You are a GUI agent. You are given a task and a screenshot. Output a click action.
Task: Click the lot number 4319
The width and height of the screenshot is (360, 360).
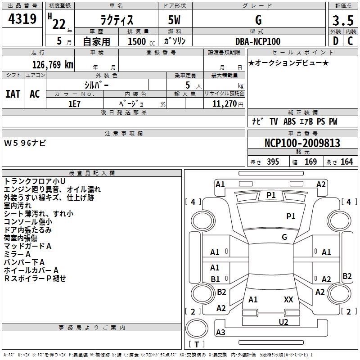pyautogui.click(x=22, y=19)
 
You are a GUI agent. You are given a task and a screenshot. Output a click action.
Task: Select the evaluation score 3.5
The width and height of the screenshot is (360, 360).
pyautogui.click(x=342, y=21)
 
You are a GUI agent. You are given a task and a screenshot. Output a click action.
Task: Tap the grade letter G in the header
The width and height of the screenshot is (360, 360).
pyautogui.click(x=258, y=20)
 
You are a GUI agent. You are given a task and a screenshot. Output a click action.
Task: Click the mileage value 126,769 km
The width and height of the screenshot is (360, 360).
pyautogui.click(x=53, y=64)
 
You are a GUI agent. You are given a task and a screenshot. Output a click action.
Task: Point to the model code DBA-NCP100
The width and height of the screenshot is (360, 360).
pyautogui.click(x=258, y=41)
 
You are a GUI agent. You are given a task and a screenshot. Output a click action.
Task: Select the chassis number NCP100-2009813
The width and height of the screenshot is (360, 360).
pyautogui.click(x=302, y=143)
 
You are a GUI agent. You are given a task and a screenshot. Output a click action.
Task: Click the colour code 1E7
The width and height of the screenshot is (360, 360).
pyautogui.click(x=74, y=103)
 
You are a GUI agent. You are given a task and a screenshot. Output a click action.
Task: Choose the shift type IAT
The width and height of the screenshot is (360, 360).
pyautogui.click(x=13, y=94)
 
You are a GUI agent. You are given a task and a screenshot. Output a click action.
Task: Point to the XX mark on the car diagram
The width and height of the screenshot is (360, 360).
pyautogui.click(x=288, y=299)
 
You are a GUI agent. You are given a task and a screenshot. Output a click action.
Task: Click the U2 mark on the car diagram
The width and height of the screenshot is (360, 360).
pyautogui.click(x=283, y=321)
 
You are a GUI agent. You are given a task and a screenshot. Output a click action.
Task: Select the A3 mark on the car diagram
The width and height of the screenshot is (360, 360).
pyautogui.click(x=220, y=333)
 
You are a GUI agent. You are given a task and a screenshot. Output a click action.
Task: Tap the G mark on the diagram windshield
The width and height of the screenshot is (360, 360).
pyautogui.click(x=284, y=237)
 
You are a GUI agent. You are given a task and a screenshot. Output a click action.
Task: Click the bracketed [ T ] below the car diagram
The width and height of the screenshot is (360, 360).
pyautogui.click(x=197, y=344)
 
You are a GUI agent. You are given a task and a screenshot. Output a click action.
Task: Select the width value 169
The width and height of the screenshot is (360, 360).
pyautogui.click(x=310, y=162)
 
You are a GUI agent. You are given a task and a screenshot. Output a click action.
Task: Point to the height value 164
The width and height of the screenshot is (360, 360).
pyautogui.click(x=346, y=162)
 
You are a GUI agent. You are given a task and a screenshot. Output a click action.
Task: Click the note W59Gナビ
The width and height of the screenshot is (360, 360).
pyautogui.click(x=25, y=143)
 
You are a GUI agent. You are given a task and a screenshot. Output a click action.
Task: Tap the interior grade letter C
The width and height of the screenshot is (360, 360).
pyautogui.click(x=350, y=41)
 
